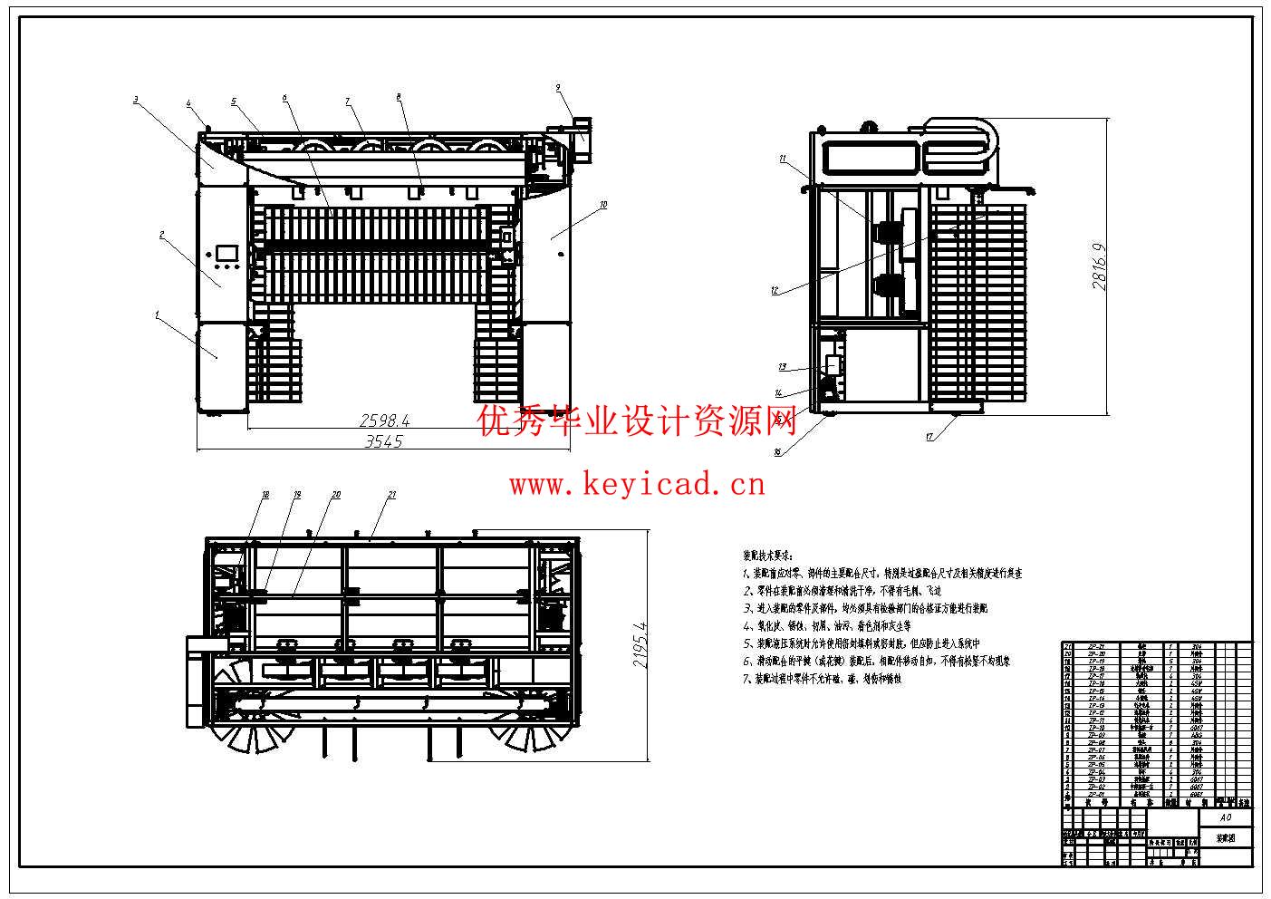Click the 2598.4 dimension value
coord(385,420)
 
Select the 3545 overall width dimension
coord(383,441)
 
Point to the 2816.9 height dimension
coord(1100,265)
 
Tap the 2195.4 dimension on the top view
coord(640,645)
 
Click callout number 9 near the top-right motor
coord(558,88)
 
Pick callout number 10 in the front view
coord(603,206)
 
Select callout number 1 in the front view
coord(157,314)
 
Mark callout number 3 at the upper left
coord(135,100)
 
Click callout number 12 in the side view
coord(775,291)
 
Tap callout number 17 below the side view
coord(929,437)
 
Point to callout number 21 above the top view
coord(391,495)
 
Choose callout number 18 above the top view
coord(265,495)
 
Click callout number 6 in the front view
coord(284,97)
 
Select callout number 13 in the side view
coord(782,367)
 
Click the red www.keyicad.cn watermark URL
coord(637,485)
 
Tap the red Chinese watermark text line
coord(637,420)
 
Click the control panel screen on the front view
coord(226,253)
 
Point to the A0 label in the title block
coord(1225,817)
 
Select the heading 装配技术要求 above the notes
coord(767,554)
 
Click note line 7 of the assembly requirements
coord(822,679)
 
